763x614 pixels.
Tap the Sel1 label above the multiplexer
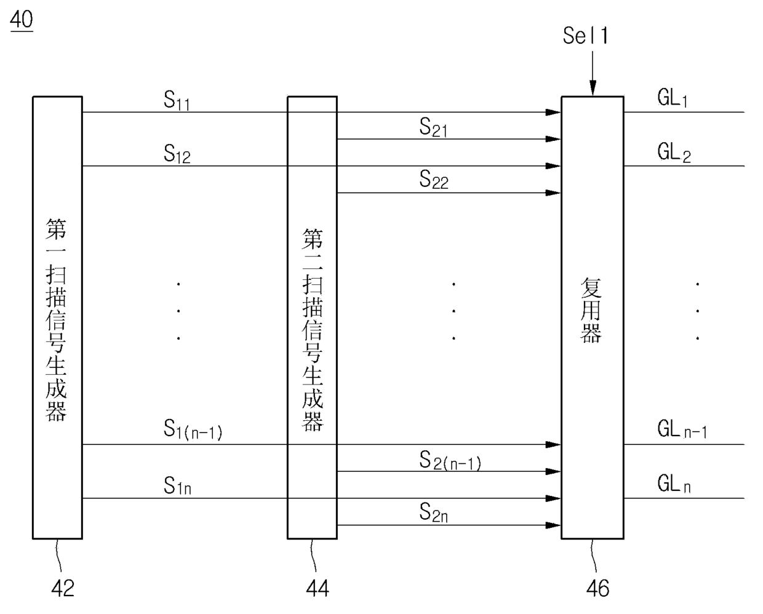585,36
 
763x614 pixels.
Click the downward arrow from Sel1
593,73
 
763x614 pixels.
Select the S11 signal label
177,101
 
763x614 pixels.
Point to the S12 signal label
177,154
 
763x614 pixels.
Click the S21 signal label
433,128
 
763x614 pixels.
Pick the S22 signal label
434,180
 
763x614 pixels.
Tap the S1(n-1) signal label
193,429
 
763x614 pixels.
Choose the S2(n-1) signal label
450,461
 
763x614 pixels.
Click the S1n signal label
177,487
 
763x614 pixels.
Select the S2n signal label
434,512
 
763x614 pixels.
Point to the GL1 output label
673,98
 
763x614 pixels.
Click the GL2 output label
674,152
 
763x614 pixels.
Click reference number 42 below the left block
62,589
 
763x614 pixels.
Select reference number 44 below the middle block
318,589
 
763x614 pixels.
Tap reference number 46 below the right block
597,589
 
